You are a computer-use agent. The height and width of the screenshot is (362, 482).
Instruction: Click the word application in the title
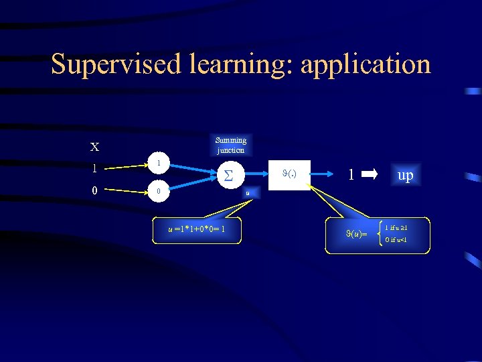pyautogui.click(x=366, y=64)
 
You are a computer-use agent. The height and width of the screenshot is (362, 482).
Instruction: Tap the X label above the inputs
pyautogui.click(x=95, y=147)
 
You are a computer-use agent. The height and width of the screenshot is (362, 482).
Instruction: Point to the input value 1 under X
pyautogui.click(x=94, y=168)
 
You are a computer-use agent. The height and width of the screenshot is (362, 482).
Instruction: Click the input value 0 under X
pyautogui.click(x=94, y=190)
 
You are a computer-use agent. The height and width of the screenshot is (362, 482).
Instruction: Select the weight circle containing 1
pyautogui.click(x=158, y=164)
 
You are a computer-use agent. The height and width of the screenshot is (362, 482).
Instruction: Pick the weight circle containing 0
pyautogui.click(x=158, y=191)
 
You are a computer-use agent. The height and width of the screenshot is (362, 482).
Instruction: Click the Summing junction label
pyautogui.click(x=231, y=145)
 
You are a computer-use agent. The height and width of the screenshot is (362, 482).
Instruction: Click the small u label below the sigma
pyautogui.click(x=248, y=193)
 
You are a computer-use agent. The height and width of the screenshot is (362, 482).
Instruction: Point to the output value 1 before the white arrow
pyautogui.click(x=350, y=175)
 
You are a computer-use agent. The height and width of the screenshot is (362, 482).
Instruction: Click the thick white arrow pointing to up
pyautogui.click(x=370, y=175)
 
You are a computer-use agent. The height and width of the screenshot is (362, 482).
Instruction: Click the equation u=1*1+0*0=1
pyautogui.click(x=196, y=229)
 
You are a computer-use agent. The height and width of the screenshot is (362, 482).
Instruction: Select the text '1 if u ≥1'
pyautogui.click(x=400, y=228)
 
